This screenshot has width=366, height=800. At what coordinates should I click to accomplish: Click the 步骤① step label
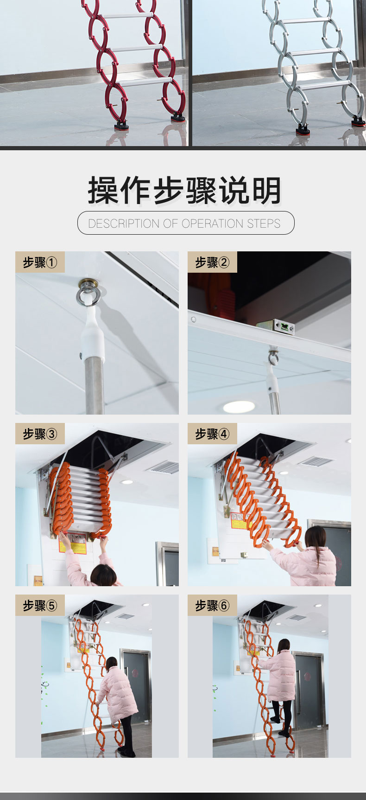pos(40,262)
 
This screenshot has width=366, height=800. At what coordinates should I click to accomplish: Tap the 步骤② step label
pos(213,262)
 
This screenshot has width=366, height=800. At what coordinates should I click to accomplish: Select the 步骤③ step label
pos(40,434)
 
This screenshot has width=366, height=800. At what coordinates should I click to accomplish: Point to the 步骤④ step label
pos(213,434)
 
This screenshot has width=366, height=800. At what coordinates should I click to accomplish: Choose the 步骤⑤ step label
pos(40,606)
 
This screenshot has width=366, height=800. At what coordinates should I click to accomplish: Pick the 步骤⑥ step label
pos(213,606)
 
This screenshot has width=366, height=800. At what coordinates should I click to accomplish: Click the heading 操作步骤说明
pos(185,191)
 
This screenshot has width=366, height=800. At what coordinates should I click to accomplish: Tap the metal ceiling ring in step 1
pos(88,294)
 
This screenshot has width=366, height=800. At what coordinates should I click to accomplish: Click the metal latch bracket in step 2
pos(282,326)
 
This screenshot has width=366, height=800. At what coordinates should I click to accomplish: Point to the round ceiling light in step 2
pos(239,407)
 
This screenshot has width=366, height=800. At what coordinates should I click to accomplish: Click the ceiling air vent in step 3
pos(163,467)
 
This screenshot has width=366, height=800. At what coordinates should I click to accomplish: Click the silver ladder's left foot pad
pos(303,129)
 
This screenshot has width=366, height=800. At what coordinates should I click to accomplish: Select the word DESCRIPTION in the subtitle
pos(124,224)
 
